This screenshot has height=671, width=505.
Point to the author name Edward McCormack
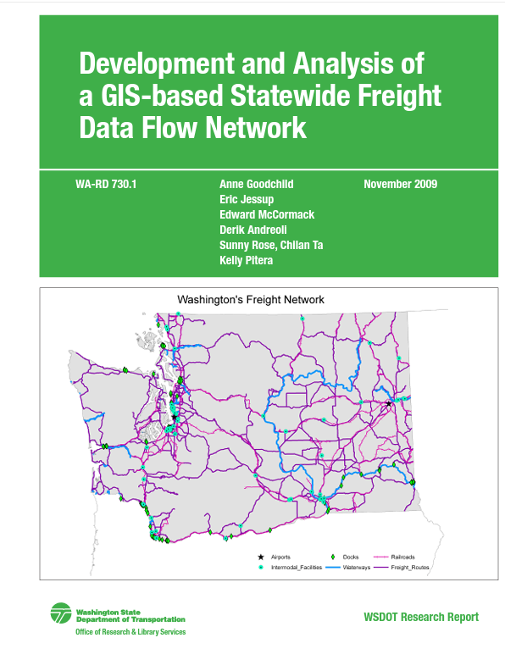click(x=266, y=214)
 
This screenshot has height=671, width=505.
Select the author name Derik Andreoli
click(x=253, y=230)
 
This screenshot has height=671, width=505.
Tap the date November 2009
click(x=400, y=184)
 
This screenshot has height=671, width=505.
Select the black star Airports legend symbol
click(x=259, y=556)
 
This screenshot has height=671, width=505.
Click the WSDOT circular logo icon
click(x=61, y=613)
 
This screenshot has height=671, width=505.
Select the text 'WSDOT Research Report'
click(x=419, y=617)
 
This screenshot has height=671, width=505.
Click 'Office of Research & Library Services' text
click(x=130, y=632)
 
